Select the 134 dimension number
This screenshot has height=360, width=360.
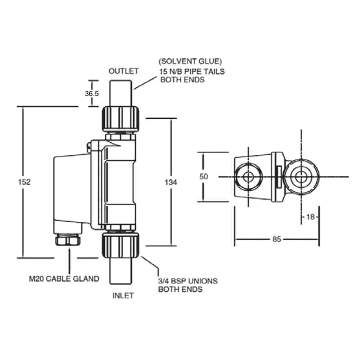point(171,182)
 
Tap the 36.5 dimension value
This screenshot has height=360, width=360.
point(91,93)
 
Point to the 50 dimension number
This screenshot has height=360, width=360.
point(204,177)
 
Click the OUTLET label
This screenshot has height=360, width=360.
point(123,71)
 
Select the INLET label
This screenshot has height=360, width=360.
point(123,296)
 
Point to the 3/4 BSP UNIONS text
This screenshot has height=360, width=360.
point(188,281)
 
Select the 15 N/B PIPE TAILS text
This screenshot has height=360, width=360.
point(191,72)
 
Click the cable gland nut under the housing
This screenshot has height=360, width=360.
point(68,240)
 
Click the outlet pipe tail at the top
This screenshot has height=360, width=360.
point(121,93)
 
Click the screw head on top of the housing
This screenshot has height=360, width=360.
point(90,146)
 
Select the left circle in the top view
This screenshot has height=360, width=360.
point(247,177)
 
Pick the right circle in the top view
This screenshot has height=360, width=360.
point(301,177)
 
